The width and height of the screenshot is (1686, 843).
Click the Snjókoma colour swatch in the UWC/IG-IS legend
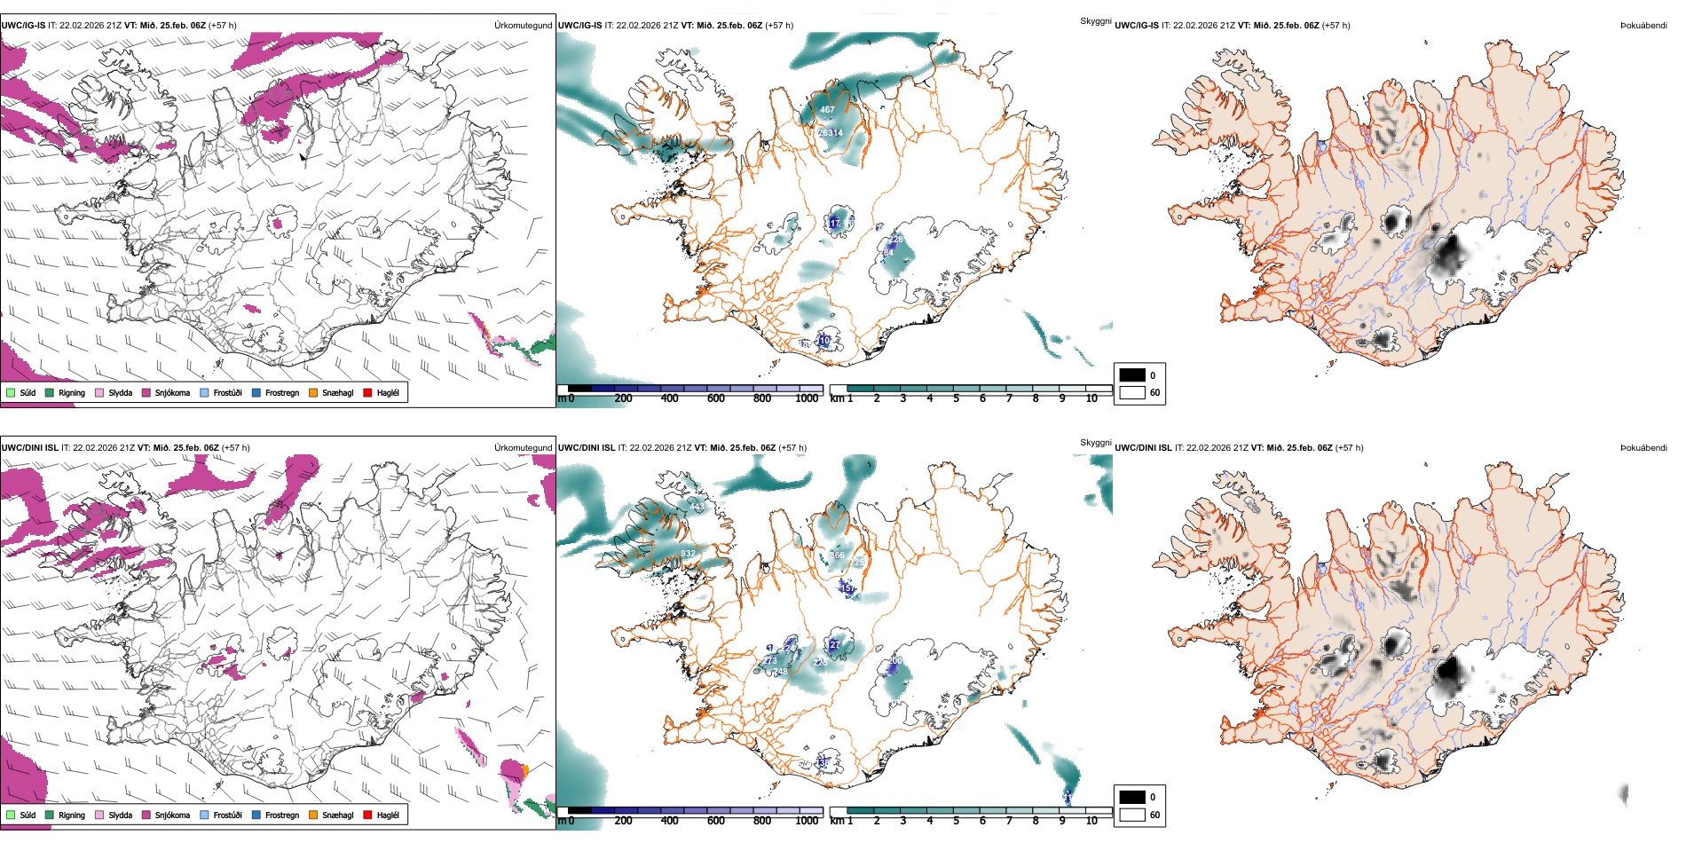pyautogui.click(x=146, y=392)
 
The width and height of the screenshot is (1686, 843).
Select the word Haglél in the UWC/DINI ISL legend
pyautogui.click(x=388, y=815)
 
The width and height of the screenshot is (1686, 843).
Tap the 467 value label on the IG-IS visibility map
pyautogui.click(x=827, y=110)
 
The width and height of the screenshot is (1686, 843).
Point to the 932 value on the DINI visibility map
pyautogui.click(x=688, y=554)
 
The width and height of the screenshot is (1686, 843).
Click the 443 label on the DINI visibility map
pyautogui.click(x=696, y=507)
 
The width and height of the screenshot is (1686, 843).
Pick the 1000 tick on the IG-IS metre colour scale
pyautogui.click(x=807, y=398)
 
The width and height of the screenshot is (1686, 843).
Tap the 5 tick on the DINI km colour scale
pyautogui.click(x=956, y=821)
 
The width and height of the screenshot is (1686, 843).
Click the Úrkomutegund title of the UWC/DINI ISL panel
pyautogui.click(x=523, y=448)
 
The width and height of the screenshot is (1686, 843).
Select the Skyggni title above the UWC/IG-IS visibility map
pyautogui.click(x=1095, y=20)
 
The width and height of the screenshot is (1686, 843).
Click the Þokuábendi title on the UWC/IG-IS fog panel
pyautogui.click(x=1643, y=26)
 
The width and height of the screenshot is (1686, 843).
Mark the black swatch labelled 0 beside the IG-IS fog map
pyautogui.click(x=1132, y=375)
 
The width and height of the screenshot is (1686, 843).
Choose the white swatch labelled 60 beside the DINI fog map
pyautogui.click(x=1132, y=815)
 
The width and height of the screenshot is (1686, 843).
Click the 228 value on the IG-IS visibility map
pyautogui.click(x=896, y=240)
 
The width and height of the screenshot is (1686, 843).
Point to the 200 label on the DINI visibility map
pyautogui.click(x=894, y=661)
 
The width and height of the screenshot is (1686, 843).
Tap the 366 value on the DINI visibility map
pyautogui.click(x=837, y=555)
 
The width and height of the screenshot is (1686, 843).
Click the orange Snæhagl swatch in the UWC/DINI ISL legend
pyautogui.click(x=313, y=815)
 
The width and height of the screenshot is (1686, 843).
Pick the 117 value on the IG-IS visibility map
pyautogui.click(x=834, y=224)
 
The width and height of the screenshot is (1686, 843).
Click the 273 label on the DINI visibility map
pyautogui.click(x=769, y=661)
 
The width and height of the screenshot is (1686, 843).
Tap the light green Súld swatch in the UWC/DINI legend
pyautogui.click(x=11, y=815)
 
